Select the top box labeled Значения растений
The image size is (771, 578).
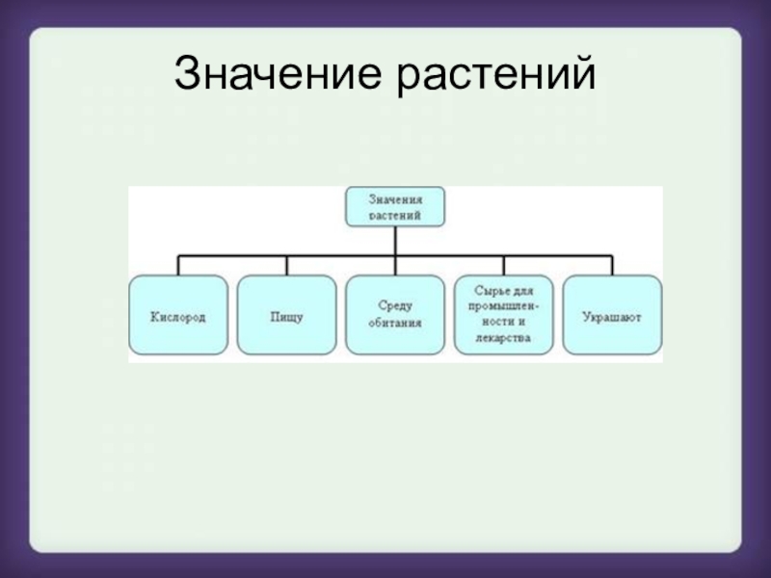click(x=395, y=207)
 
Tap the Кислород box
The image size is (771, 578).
click(x=178, y=315)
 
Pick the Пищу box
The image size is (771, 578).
click(x=286, y=315)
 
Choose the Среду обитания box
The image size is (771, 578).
click(x=395, y=315)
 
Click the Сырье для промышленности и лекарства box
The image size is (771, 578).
click(x=503, y=315)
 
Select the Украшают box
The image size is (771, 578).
click(x=612, y=315)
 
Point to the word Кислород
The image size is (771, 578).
click(x=178, y=316)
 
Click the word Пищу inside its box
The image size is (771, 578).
click(x=286, y=316)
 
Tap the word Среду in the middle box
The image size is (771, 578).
click(x=395, y=306)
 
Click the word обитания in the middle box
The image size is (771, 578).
click(x=395, y=325)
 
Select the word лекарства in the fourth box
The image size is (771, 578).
click(x=503, y=339)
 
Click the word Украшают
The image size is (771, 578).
click(x=612, y=316)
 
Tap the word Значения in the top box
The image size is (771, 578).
click(x=395, y=199)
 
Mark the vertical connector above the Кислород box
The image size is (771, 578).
click(x=178, y=265)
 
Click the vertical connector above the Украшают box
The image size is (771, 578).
click(x=612, y=265)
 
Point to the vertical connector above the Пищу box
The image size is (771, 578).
click(x=286, y=265)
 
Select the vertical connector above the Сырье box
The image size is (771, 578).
click(x=503, y=265)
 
